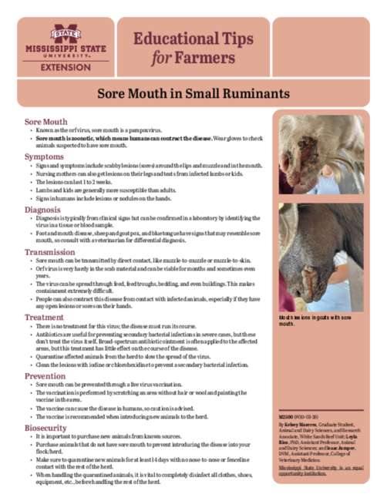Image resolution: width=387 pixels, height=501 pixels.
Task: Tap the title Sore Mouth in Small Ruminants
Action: [193, 92]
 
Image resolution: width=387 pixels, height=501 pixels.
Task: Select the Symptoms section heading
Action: [44, 156]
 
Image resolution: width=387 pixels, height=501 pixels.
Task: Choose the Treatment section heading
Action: [44, 317]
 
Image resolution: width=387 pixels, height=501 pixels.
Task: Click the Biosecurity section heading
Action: [46, 426]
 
